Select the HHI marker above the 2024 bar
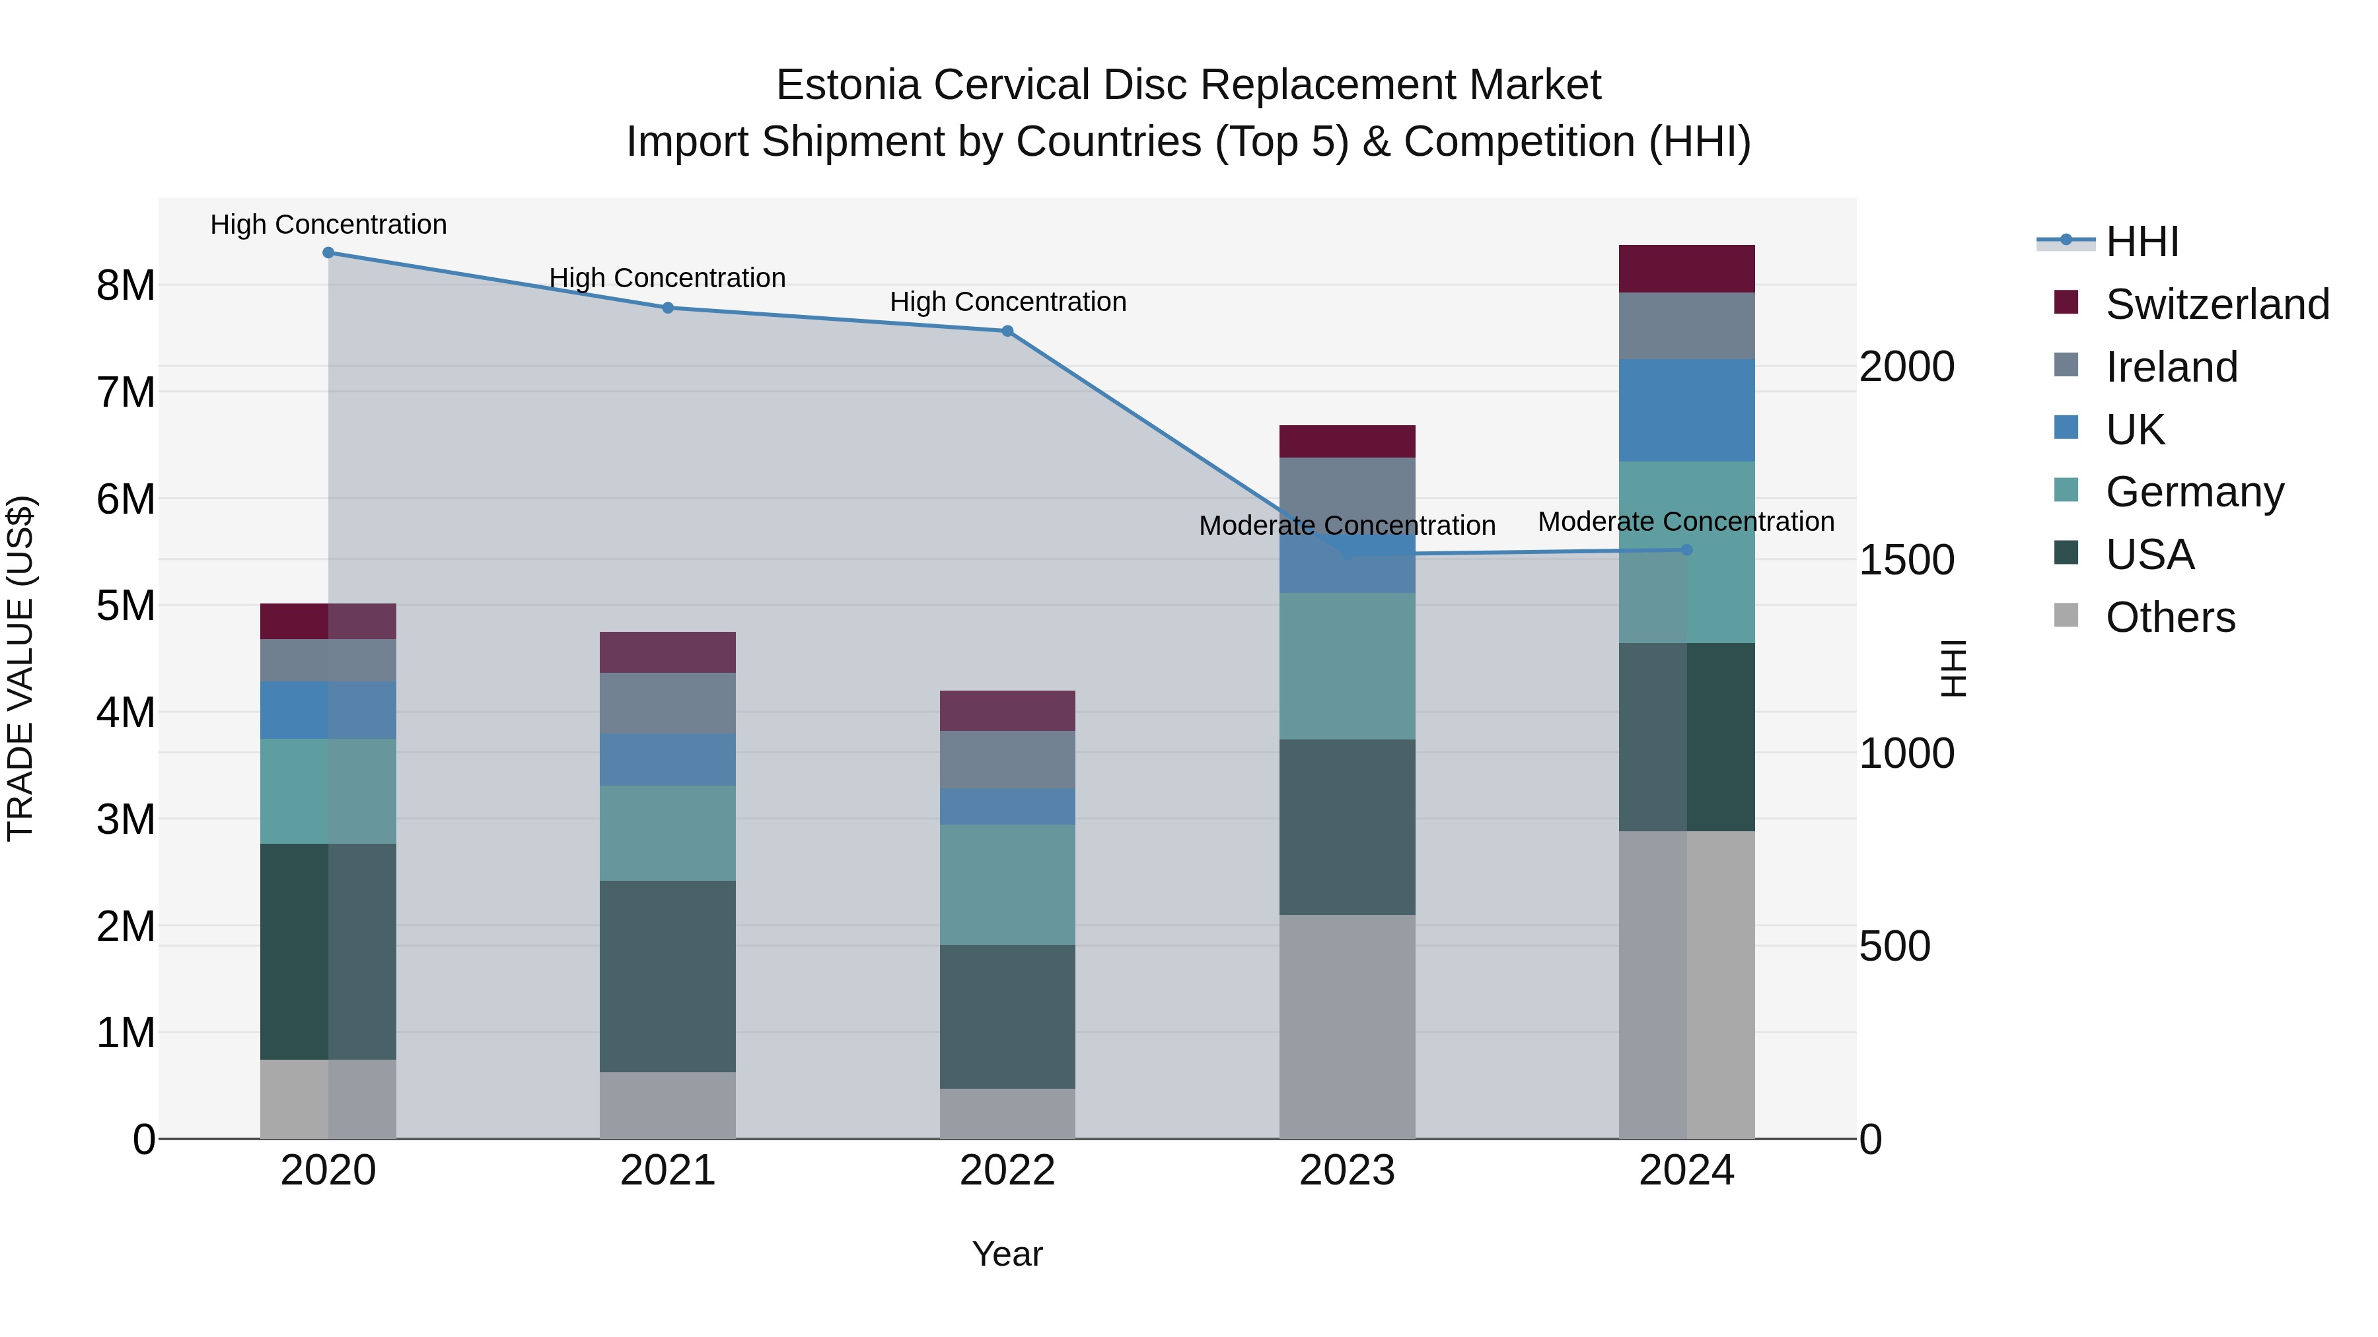(x=1686, y=550)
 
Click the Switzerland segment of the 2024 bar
(x=1686, y=269)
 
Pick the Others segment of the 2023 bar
(x=1347, y=1026)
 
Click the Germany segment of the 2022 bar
(x=1007, y=884)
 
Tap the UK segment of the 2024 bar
(x=1686, y=409)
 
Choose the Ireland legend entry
(x=2171, y=367)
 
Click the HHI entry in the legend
(x=2141, y=242)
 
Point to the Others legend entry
(x=2169, y=617)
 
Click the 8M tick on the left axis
(x=126, y=285)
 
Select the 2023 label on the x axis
(x=1347, y=1171)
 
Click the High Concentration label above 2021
(x=667, y=278)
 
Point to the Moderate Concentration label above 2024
(x=1686, y=522)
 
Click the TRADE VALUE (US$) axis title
(x=20, y=668)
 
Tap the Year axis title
(x=1007, y=1254)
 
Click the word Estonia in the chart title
(x=847, y=85)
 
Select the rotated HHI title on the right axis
(x=1953, y=668)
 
